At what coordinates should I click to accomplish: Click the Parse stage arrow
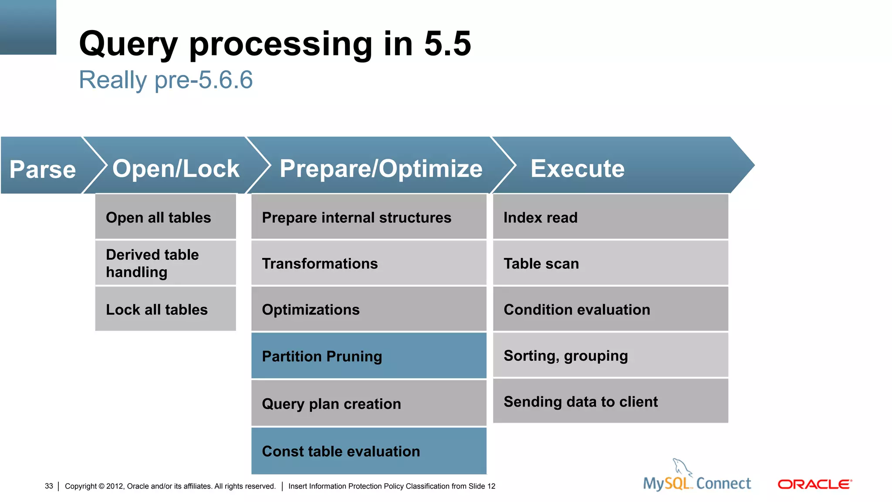(43, 169)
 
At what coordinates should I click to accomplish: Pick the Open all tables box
(166, 217)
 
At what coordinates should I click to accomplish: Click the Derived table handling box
(166, 263)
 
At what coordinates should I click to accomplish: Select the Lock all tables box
(166, 309)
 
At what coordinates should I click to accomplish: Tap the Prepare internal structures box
(368, 217)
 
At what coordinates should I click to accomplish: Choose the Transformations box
(368, 263)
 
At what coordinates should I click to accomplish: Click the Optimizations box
(368, 309)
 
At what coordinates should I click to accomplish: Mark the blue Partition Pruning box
(368, 356)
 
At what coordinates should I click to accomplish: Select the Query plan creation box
(368, 404)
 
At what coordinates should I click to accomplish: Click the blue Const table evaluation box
(368, 451)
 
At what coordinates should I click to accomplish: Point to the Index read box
(610, 217)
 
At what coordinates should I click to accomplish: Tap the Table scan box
(610, 263)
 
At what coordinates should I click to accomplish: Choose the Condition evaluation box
(610, 309)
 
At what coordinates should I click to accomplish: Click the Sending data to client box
(610, 401)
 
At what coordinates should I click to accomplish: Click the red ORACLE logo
(814, 484)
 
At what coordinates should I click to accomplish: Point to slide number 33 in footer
(49, 486)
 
